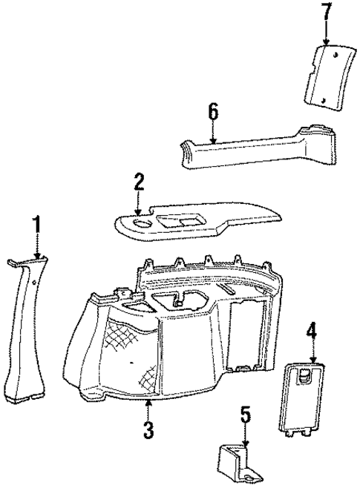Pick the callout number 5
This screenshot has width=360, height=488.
coord(245,415)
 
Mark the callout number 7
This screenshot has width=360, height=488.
coord(324,13)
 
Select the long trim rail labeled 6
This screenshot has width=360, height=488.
coord(245,151)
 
